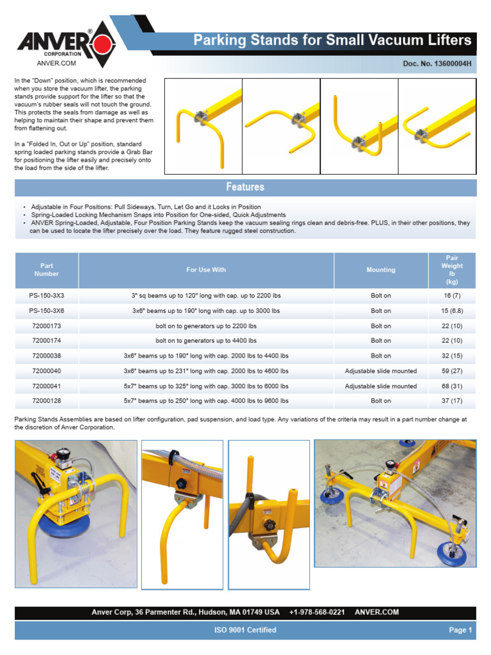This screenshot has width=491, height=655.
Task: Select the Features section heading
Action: coord(245,187)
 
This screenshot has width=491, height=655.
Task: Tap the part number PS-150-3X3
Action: coord(46,296)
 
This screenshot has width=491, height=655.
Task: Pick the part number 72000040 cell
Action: coord(46,371)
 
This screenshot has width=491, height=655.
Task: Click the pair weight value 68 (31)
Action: coord(452,386)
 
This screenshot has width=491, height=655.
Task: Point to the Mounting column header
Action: coord(380,270)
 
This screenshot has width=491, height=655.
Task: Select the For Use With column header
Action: coord(206,270)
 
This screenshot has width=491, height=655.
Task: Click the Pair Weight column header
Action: coord(452,269)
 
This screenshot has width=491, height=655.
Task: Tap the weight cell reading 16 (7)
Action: coord(452,296)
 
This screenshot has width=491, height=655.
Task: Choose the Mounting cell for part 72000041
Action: coord(380,386)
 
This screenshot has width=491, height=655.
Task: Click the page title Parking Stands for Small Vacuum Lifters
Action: coord(332,41)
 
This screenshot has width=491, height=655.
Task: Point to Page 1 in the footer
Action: coord(460,630)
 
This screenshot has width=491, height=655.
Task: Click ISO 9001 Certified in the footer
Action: coord(245,630)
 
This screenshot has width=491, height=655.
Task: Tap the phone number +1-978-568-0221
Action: coord(317,612)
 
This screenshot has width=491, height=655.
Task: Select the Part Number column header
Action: coord(46,270)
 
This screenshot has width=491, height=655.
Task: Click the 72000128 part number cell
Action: coord(46,401)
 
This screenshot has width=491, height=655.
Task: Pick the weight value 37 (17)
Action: coord(452,401)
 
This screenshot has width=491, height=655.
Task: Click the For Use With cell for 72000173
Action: coord(206,326)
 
